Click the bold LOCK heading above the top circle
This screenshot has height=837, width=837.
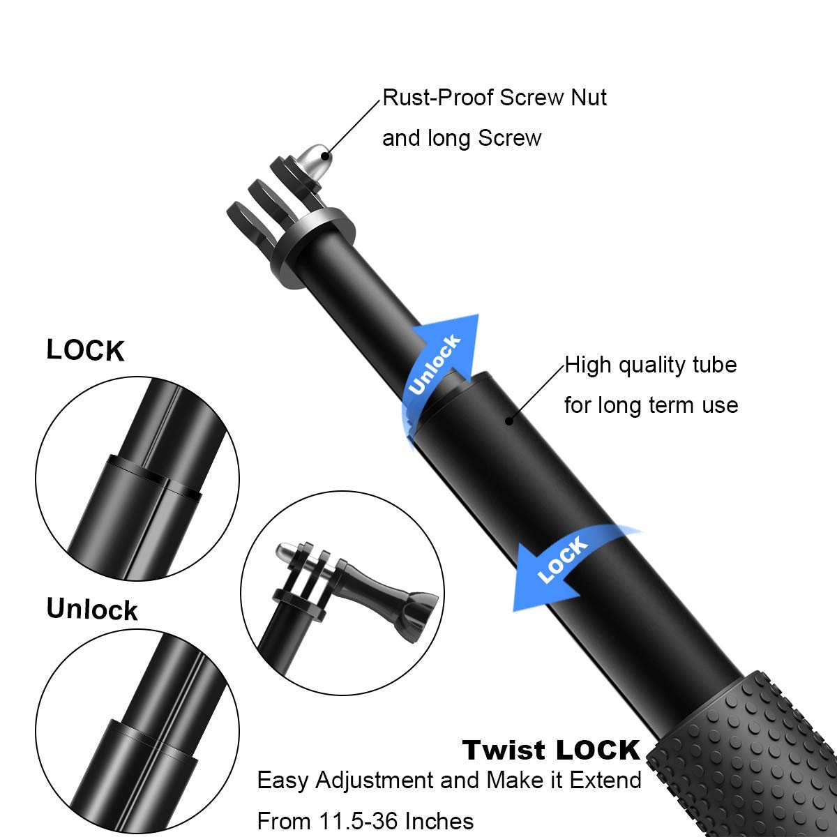point(85,351)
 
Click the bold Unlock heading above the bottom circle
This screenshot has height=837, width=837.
point(92,609)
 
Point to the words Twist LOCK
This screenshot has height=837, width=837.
point(551,750)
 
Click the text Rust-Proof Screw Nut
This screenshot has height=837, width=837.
point(494,98)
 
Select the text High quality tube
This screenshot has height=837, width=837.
point(650,365)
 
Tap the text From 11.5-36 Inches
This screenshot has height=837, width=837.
point(365,821)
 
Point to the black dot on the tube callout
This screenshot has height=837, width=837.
point(509,421)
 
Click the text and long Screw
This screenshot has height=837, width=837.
point(462,138)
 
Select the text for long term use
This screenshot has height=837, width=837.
point(650,405)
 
